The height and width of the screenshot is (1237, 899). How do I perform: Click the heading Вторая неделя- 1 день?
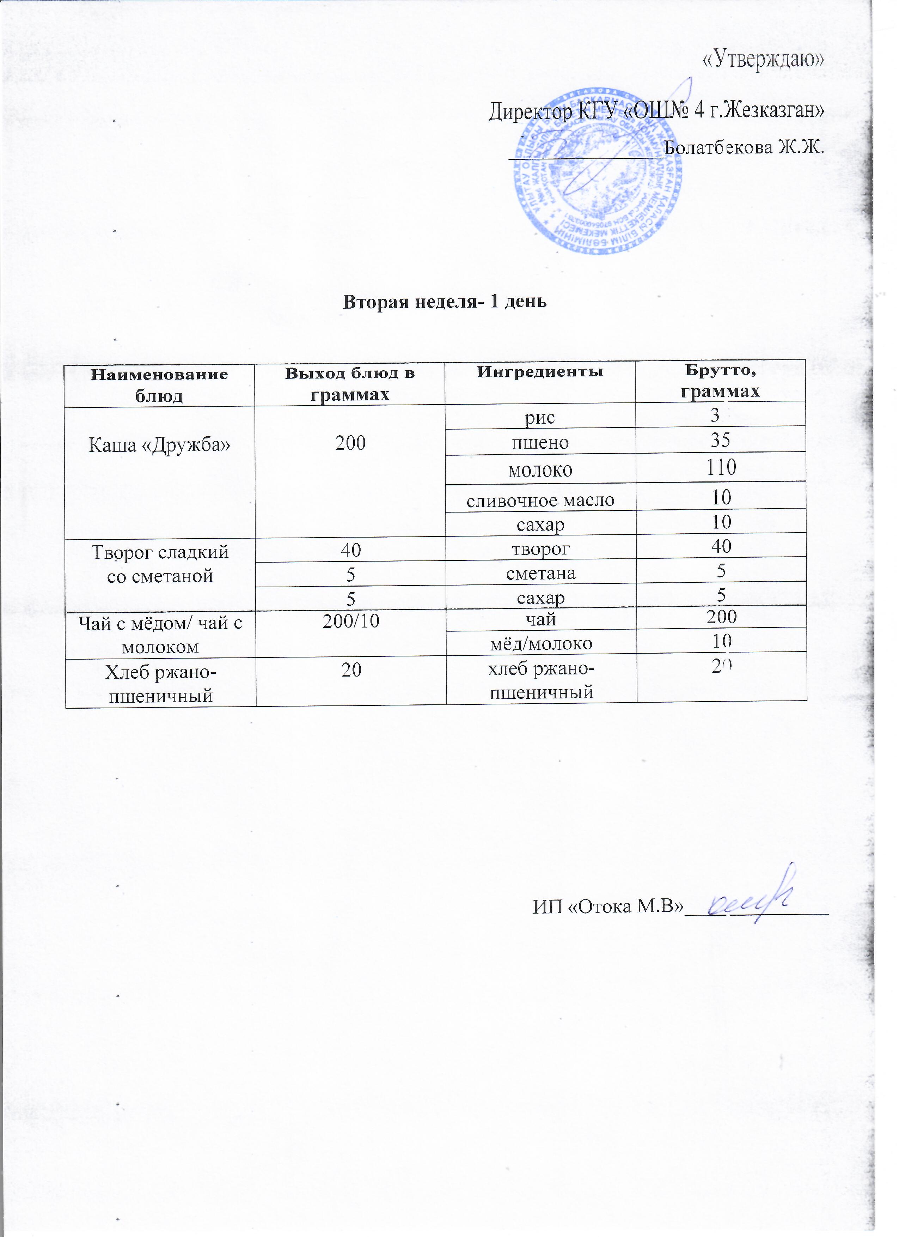point(444,301)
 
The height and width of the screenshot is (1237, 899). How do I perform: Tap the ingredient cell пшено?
point(540,442)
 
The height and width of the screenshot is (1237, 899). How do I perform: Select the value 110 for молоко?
point(721,467)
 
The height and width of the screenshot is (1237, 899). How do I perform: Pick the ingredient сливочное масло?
point(540,499)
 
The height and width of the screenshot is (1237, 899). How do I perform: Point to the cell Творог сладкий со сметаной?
point(159,564)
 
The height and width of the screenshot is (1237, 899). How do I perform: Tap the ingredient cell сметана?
point(540,573)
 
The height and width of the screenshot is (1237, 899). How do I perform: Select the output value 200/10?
point(350,621)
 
